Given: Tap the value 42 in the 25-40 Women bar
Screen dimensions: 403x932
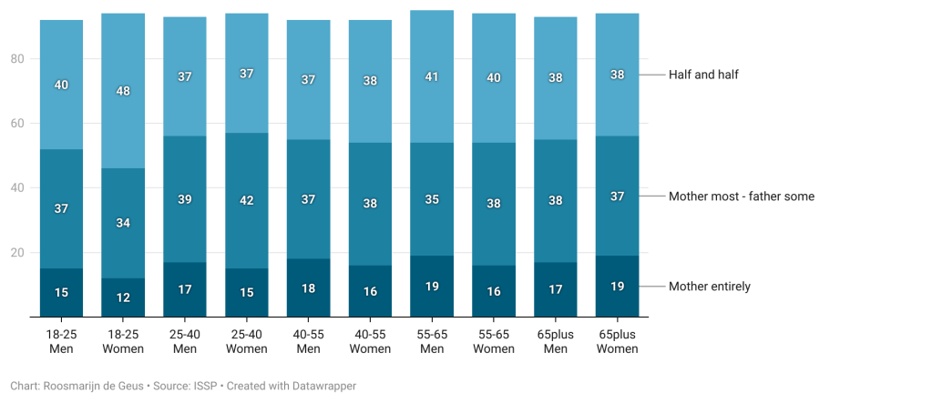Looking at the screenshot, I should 247,202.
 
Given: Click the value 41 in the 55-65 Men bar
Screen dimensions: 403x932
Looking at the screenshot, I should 432,77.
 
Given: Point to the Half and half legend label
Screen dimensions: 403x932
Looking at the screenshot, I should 702,75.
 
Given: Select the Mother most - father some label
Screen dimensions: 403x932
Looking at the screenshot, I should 741,196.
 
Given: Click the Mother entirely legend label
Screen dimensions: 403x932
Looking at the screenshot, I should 709,287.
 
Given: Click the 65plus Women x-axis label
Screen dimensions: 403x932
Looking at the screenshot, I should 617,341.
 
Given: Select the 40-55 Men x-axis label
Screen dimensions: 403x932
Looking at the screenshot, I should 308,341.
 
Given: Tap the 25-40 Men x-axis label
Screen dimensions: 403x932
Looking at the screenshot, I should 185,341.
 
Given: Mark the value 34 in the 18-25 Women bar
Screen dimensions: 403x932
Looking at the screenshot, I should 123,223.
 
